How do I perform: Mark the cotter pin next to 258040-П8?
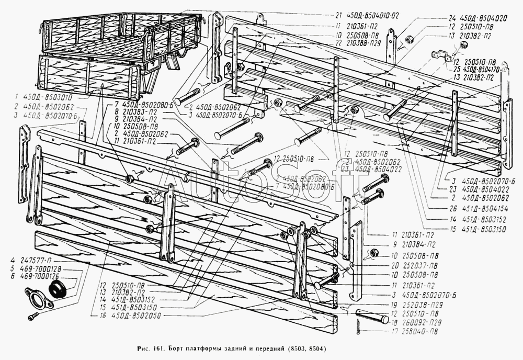click(x=356, y=331)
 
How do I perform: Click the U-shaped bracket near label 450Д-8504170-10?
click(x=441, y=56)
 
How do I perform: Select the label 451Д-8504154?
click(x=477, y=207)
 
